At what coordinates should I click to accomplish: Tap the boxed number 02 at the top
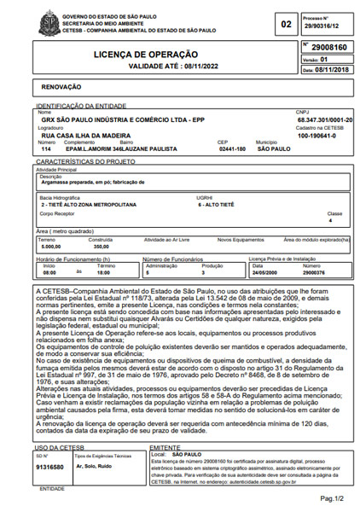pos(286,25)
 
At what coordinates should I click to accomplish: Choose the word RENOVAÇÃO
pos(64,87)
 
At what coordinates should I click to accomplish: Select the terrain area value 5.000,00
pos(52,246)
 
